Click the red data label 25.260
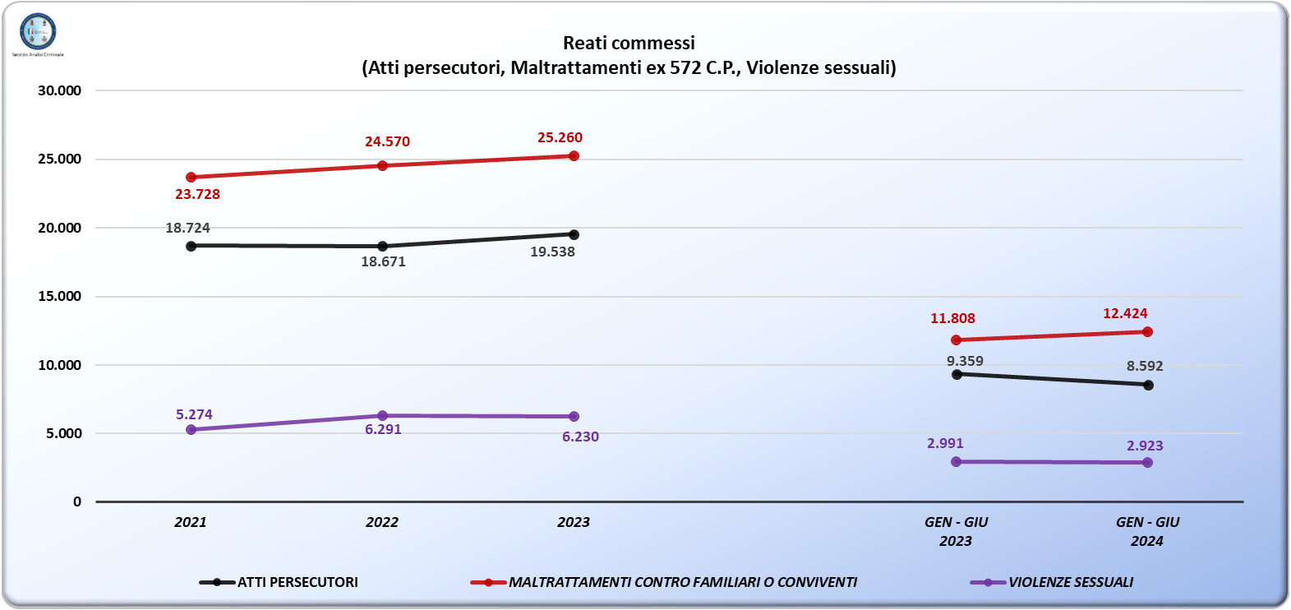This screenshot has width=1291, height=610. (560, 137)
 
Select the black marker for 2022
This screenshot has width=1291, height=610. (382, 246)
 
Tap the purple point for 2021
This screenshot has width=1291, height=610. (191, 429)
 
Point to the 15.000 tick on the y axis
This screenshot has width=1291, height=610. (60, 296)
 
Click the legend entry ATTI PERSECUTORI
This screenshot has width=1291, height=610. (279, 582)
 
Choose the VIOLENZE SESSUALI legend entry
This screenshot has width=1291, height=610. (1053, 582)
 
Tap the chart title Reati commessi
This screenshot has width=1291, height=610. (629, 43)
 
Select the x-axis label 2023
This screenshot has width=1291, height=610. (574, 522)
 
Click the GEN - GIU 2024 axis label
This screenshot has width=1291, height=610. (1147, 531)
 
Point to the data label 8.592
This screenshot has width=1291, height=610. (1145, 366)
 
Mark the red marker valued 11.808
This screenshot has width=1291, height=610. (956, 340)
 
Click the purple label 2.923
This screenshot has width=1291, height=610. (1145, 446)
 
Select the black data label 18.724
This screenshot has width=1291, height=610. (187, 228)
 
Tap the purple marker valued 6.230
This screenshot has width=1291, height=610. (574, 417)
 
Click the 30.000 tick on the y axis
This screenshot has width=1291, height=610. (60, 90)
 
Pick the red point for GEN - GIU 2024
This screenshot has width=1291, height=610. (1147, 332)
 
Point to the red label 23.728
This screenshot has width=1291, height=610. (197, 194)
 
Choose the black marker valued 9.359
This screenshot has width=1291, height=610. (957, 374)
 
